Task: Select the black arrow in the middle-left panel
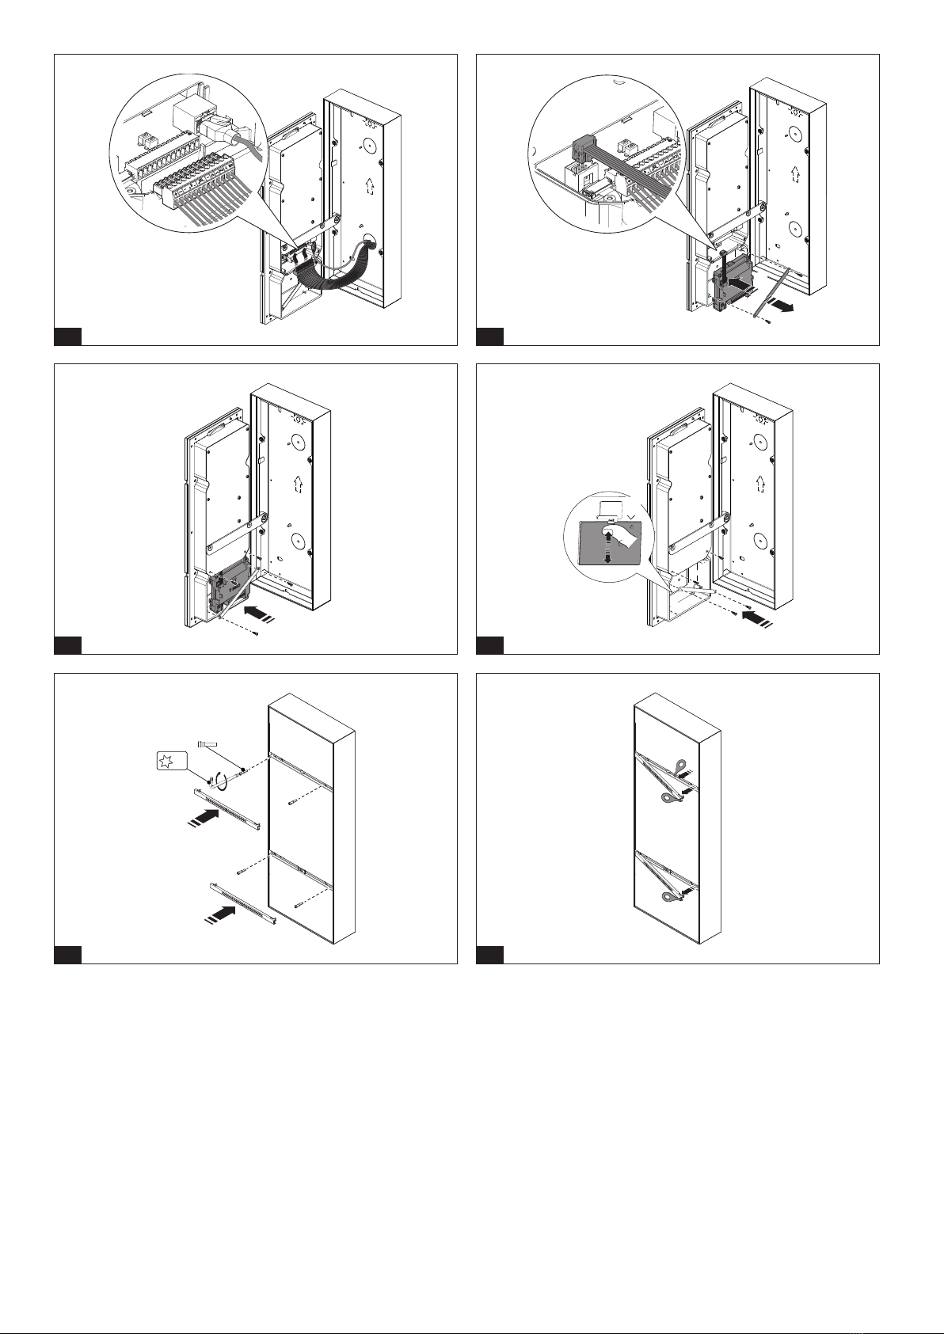pyautogui.click(x=257, y=613)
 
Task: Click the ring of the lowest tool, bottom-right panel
pyautogui.click(x=668, y=898)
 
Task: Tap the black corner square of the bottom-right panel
pyautogui.click(x=489, y=956)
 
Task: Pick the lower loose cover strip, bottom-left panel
pyautogui.click(x=242, y=903)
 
